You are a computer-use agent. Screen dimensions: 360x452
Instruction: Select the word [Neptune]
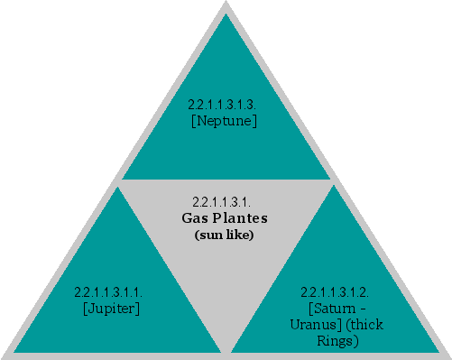(x=225, y=121)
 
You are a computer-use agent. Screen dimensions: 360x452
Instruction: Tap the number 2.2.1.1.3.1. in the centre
(x=221, y=200)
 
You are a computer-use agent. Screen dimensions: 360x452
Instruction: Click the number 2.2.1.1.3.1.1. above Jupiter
(x=109, y=292)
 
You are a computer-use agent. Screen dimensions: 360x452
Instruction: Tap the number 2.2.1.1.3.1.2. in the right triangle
(x=335, y=292)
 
